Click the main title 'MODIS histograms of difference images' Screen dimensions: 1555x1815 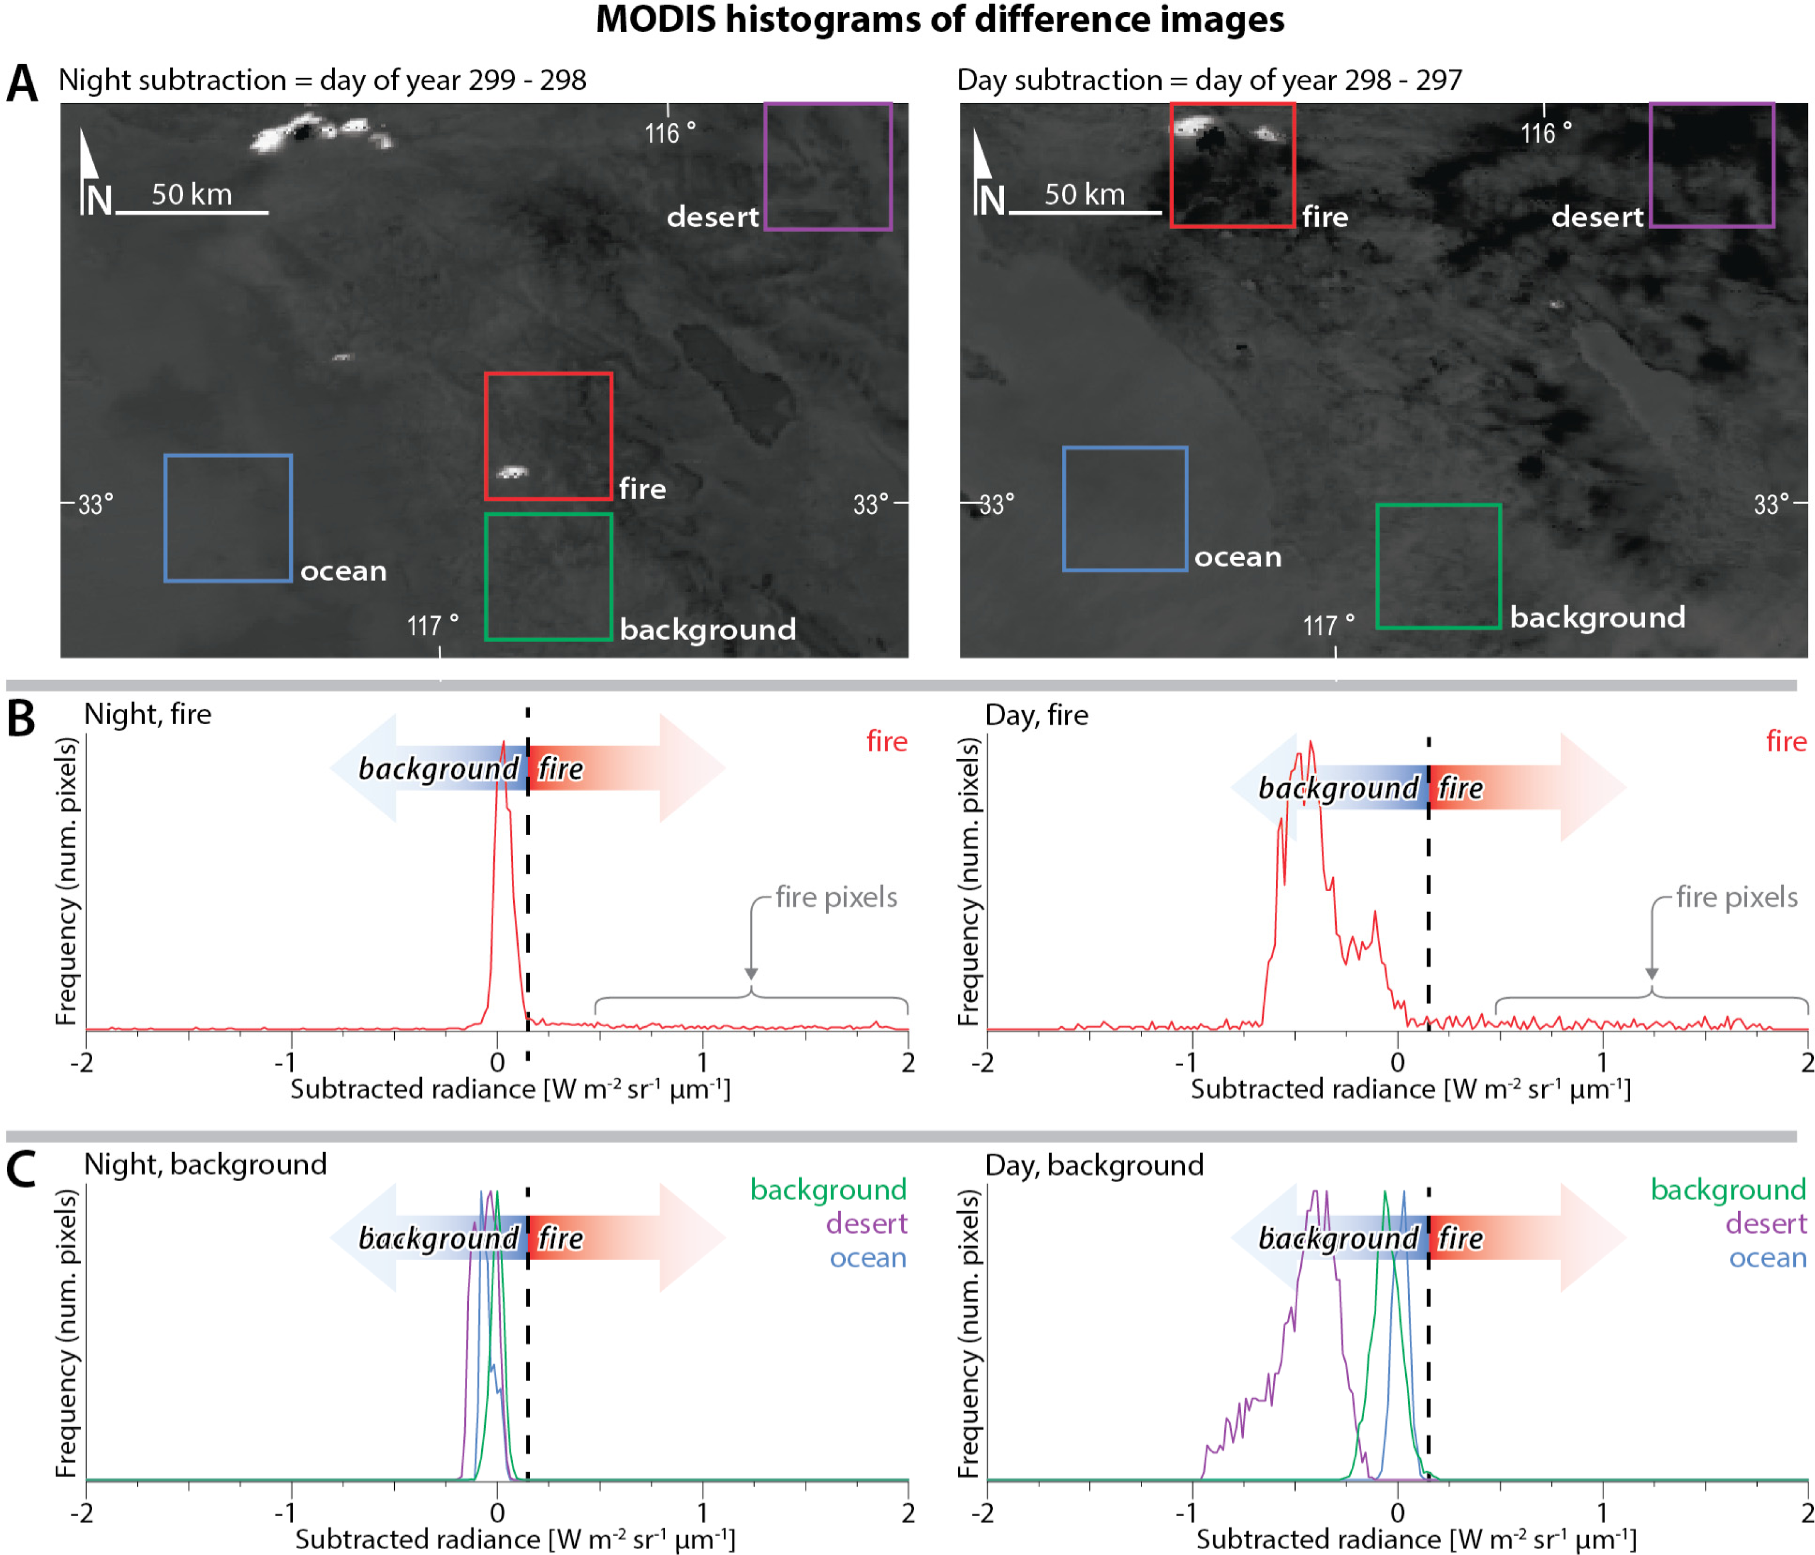point(939,19)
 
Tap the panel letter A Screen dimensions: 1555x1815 point(22,84)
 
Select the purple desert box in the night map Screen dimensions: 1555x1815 point(828,166)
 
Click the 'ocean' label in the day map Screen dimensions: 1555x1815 point(1237,557)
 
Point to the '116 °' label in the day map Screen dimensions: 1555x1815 point(1545,133)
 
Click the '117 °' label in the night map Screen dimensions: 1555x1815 point(432,626)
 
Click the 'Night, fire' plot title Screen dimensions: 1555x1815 point(147,714)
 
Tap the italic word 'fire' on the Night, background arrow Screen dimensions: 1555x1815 point(560,1238)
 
